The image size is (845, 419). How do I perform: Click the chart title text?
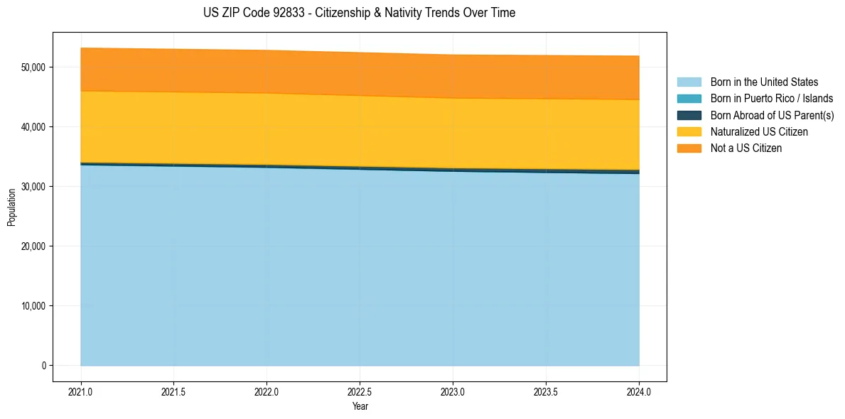click(359, 13)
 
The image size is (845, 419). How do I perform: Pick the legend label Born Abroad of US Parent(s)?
click(772, 115)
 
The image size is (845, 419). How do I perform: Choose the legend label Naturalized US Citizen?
click(759, 132)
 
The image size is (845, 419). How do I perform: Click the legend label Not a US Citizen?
click(746, 148)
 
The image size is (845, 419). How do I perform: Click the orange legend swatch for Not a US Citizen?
click(689, 148)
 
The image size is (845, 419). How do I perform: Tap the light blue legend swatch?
click(689, 82)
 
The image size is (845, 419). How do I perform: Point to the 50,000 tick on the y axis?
click(33, 67)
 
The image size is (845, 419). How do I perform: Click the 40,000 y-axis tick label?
click(33, 127)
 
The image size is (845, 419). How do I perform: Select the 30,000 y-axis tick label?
click(33, 187)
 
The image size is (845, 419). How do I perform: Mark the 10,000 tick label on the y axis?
click(33, 306)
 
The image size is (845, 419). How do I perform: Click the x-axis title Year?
click(360, 407)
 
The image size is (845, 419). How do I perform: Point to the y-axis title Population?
click(11, 207)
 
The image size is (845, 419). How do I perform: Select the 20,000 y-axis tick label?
click(33, 246)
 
